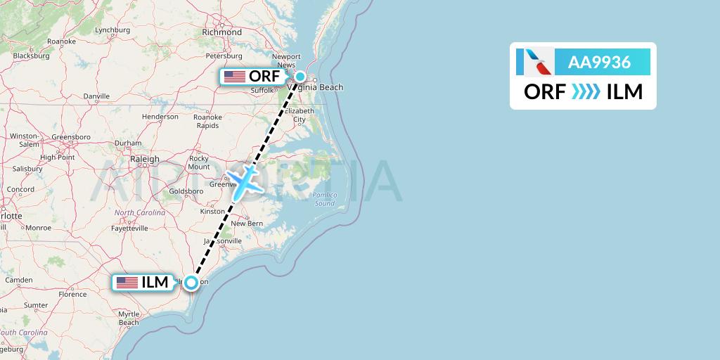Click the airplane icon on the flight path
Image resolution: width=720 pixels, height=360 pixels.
pyautogui.click(x=244, y=181)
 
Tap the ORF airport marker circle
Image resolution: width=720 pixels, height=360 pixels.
pyautogui.click(x=300, y=77)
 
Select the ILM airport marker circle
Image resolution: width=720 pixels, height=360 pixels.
pyautogui.click(x=191, y=283)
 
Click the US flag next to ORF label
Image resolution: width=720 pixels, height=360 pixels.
pyautogui.click(x=233, y=77)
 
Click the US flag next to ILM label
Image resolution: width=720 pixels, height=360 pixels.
pyautogui.click(x=127, y=283)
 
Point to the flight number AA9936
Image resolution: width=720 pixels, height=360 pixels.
pyautogui.click(x=599, y=63)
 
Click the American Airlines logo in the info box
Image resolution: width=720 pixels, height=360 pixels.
pyautogui.click(x=534, y=62)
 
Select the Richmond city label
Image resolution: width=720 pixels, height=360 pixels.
pyautogui.click(x=221, y=32)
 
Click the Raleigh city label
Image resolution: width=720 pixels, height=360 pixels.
pyautogui.click(x=145, y=160)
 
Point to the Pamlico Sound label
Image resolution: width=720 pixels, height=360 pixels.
pyautogui.click(x=325, y=198)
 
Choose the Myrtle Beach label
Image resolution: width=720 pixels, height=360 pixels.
pyautogui.click(x=129, y=318)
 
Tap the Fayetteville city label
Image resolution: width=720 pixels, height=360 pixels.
pyautogui.click(x=127, y=229)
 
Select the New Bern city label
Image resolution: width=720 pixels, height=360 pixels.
pyautogui.click(x=247, y=224)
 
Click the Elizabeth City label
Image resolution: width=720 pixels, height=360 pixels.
pyautogui.click(x=299, y=115)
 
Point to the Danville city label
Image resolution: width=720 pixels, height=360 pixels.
pyautogui.click(x=96, y=96)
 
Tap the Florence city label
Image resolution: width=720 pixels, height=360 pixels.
pyautogui.click(x=72, y=294)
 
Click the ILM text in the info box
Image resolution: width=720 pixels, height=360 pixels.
pyautogui.click(x=624, y=91)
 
